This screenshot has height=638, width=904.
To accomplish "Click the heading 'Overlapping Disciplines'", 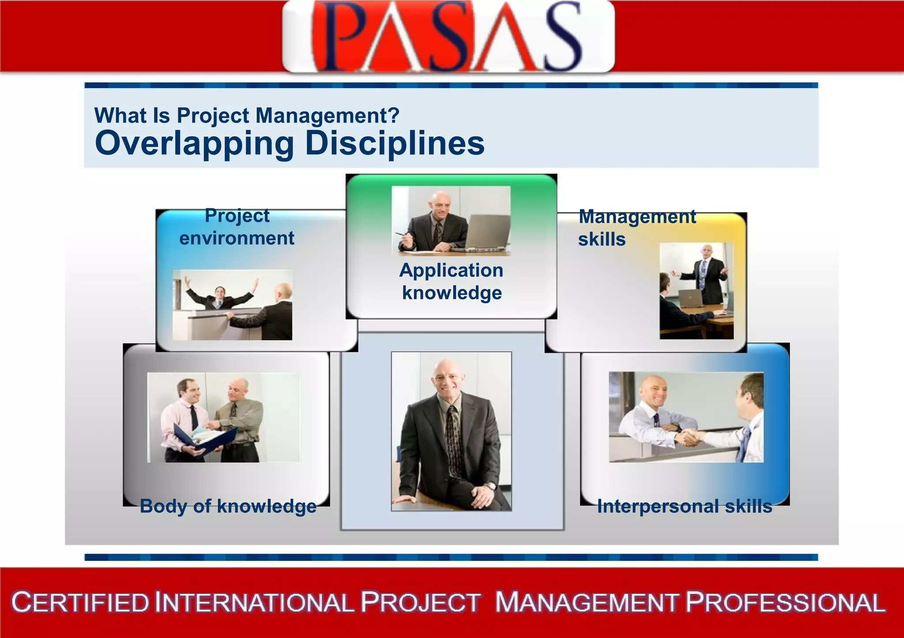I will pyautogui.click(x=290, y=143).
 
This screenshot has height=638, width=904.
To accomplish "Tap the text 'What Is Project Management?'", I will pyautogui.click(x=247, y=116).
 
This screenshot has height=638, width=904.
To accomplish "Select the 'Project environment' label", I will pyautogui.click(x=237, y=227).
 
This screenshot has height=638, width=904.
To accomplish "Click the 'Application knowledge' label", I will pyautogui.click(x=452, y=281).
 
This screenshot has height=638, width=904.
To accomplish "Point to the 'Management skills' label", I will pyautogui.click(x=637, y=228).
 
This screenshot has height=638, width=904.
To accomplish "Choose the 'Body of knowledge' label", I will pyautogui.click(x=228, y=506).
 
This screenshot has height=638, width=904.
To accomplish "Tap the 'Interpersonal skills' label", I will pyautogui.click(x=685, y=506).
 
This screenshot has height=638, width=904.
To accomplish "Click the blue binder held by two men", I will pyautogui.click(x=205, y=439).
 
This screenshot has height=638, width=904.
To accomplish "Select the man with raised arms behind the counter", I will pyautogui.click(x=219, y=295).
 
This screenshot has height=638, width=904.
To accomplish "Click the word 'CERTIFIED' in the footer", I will pyautogui.click(x=81, y=603).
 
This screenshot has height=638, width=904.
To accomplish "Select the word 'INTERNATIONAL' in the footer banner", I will pyautogui.click(x=255, y=603).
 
